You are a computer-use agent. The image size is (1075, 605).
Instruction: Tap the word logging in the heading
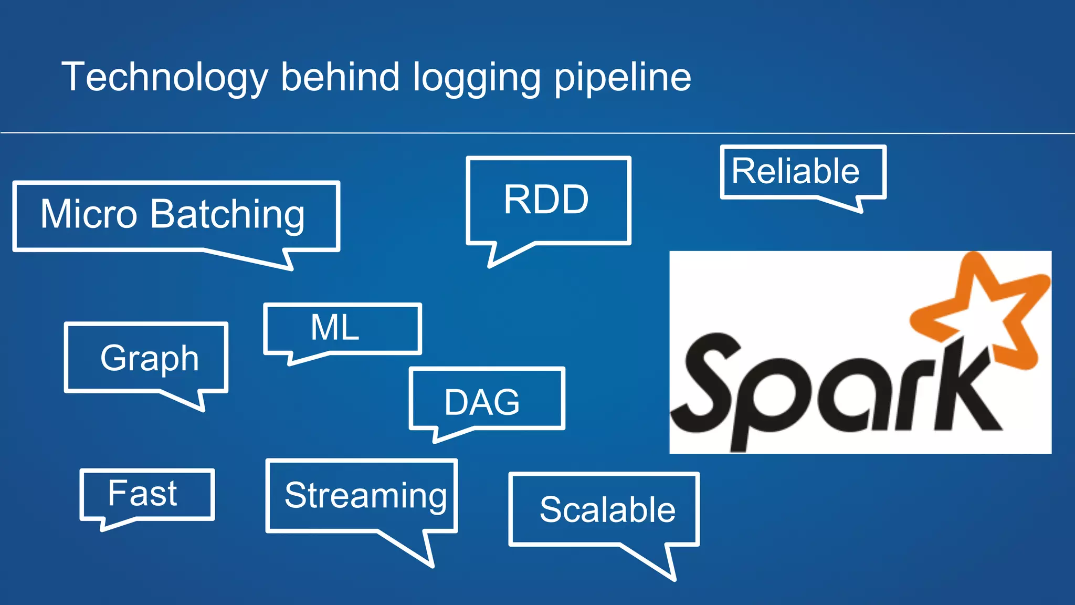[476, 78]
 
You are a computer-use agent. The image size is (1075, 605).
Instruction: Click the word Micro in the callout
[89, 214]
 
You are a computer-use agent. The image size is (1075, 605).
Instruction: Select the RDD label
[546, 200]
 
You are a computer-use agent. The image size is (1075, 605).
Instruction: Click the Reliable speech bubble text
[795, 171]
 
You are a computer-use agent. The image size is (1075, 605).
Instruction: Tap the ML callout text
[334, 328]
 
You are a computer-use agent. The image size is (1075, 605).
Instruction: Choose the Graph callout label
[149, 358]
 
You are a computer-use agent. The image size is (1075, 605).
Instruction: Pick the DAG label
[482, 402]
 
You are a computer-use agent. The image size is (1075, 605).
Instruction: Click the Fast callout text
[142, 493]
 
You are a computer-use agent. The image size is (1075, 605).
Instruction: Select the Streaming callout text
[365, 495]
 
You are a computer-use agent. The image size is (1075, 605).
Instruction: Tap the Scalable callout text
[607, 509]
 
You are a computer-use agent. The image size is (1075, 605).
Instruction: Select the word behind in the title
[340, 78]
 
